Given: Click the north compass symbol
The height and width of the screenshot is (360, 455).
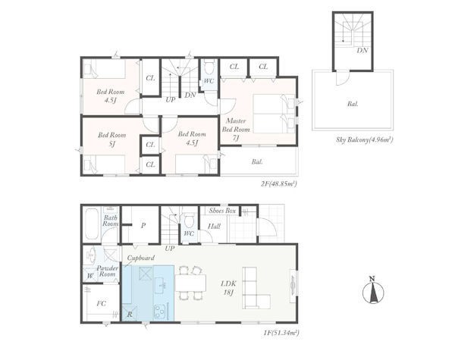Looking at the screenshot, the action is (373, 290).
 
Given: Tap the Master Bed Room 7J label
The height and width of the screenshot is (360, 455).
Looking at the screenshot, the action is (236, 130).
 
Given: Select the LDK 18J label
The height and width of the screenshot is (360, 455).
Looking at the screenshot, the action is (229, 288).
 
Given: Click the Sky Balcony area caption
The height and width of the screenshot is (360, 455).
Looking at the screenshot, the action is (365, 139).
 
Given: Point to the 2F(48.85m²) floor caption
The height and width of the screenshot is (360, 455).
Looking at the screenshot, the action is (278, 183).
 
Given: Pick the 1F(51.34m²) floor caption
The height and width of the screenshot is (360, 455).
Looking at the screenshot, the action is (281, 333).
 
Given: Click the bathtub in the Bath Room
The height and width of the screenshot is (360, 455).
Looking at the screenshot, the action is (92, 224).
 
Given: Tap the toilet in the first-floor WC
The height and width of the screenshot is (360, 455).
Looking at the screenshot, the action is (190, 221).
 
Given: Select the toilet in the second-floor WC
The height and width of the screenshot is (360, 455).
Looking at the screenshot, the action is (209, 68).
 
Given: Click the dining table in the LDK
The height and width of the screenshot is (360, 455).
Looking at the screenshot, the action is (190, 283).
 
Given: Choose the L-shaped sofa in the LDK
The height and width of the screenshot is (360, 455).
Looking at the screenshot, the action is (256, 288).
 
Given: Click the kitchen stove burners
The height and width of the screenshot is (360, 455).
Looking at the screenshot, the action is (160, 311).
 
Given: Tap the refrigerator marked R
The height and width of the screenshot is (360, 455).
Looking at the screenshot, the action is (130, 313).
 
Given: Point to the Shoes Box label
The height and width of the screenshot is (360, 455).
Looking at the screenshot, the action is (222, 211).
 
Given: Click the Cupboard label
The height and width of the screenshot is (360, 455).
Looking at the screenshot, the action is (141, 258).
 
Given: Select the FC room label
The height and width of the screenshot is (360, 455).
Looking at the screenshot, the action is (102, 303).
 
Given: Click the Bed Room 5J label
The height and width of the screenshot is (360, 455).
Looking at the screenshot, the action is (112, 139).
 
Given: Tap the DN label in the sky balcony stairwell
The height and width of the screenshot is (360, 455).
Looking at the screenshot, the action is (362, 51).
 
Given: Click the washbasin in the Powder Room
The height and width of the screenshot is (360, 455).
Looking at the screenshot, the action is (91, 255).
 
